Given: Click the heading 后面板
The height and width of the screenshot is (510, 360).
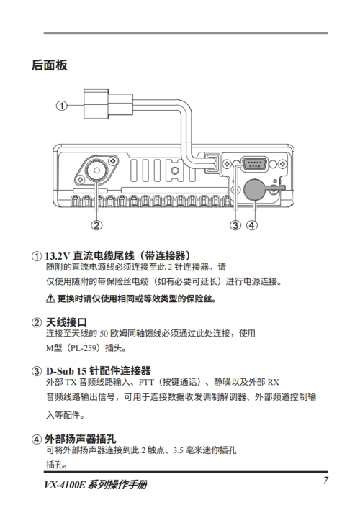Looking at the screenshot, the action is point(50,65).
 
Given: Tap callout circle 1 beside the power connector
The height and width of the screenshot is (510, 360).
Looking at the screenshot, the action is point(61,106).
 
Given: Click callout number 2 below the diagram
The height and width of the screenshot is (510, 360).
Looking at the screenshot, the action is point(96,224).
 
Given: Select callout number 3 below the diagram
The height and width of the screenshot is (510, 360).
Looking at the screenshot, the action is point(235,224).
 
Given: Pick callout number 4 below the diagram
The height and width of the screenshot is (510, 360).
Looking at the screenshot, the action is point(252,224).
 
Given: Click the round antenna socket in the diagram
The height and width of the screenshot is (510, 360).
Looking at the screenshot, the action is point(96,171).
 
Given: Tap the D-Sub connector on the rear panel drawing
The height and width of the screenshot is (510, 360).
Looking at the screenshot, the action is point(254,163).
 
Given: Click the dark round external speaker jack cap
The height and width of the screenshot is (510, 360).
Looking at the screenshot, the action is point(254,191).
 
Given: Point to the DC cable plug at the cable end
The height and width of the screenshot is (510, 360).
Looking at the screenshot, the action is point(108,104).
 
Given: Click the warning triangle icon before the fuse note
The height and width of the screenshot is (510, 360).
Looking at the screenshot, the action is point(50,299).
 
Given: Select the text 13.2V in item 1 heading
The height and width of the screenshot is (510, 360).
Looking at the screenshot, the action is point(58,256).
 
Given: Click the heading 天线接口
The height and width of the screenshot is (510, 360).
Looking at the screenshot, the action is point(66,322).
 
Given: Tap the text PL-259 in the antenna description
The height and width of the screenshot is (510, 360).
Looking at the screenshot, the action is point(84,348).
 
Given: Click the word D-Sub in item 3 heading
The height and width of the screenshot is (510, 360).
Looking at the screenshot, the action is point(60,371).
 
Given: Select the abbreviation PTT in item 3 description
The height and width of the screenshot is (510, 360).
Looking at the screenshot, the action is point(146,382).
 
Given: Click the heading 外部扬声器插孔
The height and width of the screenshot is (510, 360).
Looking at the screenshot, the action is point(81,439).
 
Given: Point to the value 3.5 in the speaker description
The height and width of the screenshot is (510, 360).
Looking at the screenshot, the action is point(178,450).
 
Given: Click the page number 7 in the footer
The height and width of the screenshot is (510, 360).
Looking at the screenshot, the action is point(325,481).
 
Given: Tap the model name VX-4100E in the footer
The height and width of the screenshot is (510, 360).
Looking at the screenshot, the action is point(65,485).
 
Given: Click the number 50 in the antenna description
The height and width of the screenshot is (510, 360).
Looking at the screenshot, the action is point(104,333).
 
